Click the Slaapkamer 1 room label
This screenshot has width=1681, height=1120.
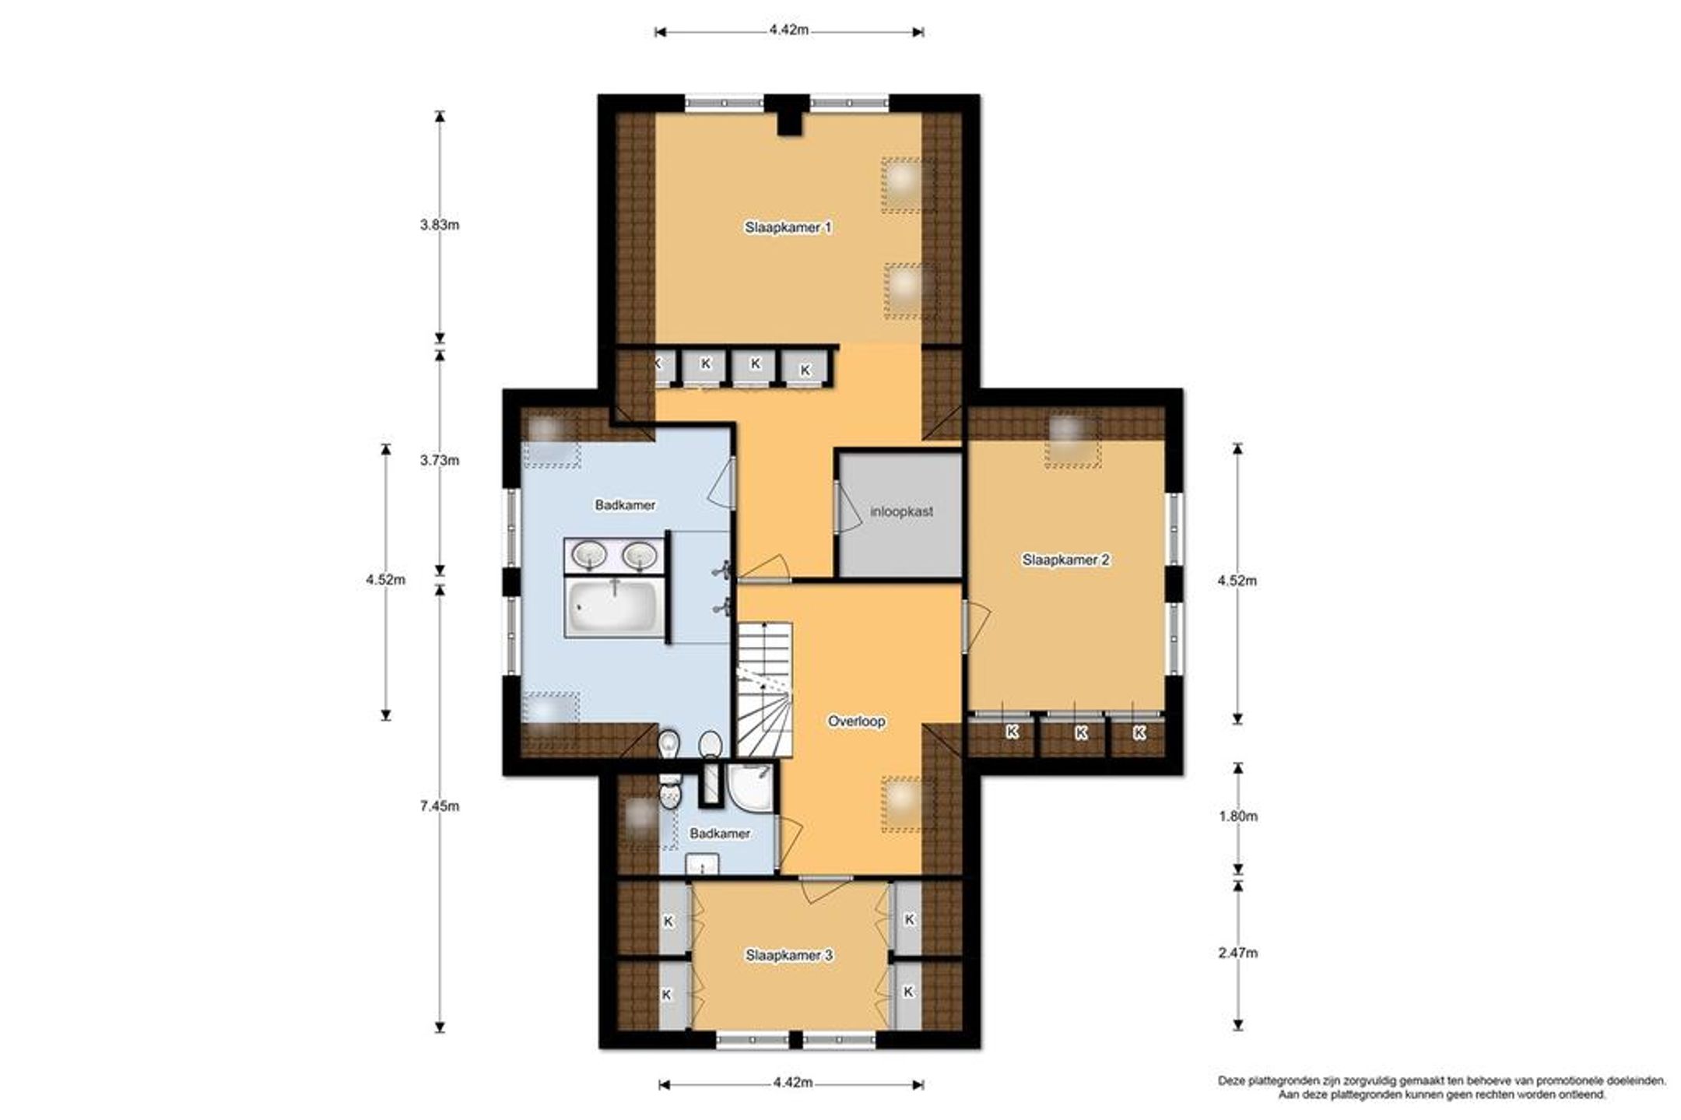pyautogui.click(x=788, y=227)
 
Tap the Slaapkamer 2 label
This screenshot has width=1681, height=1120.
pyautogui.click(x=1065, y=560)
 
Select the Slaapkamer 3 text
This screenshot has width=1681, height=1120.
pyautogui.click(x=789, y=955)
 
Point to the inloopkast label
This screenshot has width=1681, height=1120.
pyautogui.click(x=901, y=512)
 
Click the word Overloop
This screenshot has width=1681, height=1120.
pyautogui.click(x=856, y=722)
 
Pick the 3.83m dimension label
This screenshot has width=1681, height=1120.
pyautogui.click(x=439, y=225)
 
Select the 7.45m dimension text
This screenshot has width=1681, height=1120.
pyautogui.click(x=439, y=806)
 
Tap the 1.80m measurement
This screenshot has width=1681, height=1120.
pyautogui.click(x=1237, y=816)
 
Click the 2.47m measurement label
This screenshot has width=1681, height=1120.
pyautogui.click(x=1237, y=953)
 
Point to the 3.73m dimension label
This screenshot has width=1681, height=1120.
pyautogui.click(x=439, y=460)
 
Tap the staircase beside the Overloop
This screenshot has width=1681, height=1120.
pyautogui.click(x=764, y=690)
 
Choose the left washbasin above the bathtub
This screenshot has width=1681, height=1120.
pyautogui.click(x=589, y=555)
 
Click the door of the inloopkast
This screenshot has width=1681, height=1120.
pyautogui.click(x=839, y=507)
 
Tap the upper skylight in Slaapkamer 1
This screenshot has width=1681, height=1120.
pyautogui.click(x=906, y=185)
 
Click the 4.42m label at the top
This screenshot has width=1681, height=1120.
pyautogui.click(x=788, y=30)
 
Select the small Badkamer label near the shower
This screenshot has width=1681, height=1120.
pyautogui.click(x=720, y=834)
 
